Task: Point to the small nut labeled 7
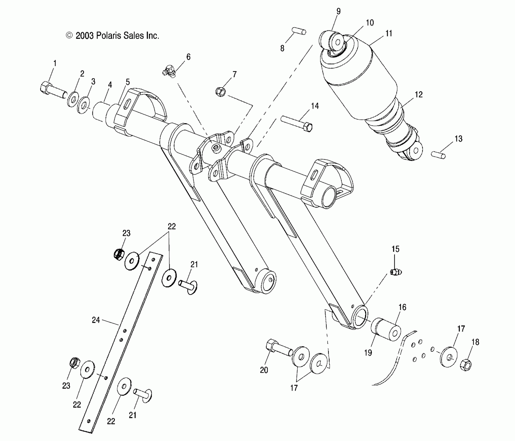click(x=221, y=92)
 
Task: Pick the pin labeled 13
click(x=439, y=155)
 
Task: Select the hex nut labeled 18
click(x=466, y=366)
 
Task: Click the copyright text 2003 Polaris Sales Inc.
click(x=113, y=36)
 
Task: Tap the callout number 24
click(x=96, y=320)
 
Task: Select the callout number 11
click(x=389, y=34)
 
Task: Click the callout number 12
click(x=419, y=95)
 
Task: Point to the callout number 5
click(x=128, y=82)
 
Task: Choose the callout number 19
click(x=368, y=353)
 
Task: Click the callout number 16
click(x=402, y=307)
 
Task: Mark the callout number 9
click(x=338, y=11)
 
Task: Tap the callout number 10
click(x=370, y=23)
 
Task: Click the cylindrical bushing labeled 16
click(x=386, y=329)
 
